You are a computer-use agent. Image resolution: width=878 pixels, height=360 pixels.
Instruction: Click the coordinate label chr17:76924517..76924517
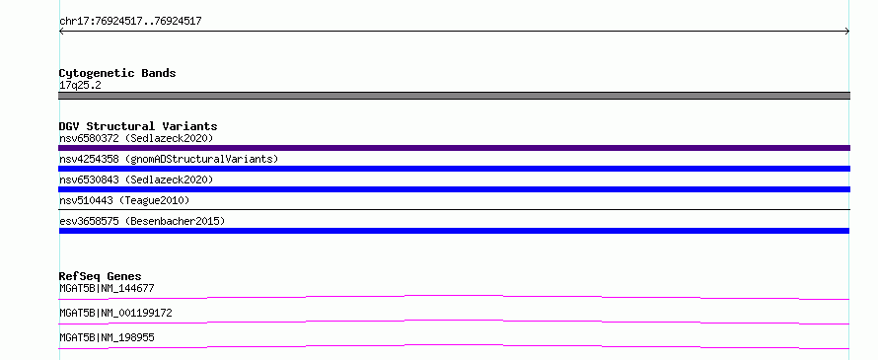130,22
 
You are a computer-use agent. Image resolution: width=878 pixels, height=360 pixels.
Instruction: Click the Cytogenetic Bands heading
117,73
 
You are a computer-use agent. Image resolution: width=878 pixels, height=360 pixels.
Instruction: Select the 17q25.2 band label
80,86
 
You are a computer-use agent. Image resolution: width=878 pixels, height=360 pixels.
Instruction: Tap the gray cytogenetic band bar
454,96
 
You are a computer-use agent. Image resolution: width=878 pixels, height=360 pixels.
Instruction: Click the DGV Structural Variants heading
138,126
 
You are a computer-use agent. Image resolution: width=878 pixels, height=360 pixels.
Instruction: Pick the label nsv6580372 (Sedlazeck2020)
136,138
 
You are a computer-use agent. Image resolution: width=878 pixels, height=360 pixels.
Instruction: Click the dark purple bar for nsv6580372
454,148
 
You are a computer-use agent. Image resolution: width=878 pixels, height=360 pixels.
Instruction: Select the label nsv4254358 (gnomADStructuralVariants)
169,159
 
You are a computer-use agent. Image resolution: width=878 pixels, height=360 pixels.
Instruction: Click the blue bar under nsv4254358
454,169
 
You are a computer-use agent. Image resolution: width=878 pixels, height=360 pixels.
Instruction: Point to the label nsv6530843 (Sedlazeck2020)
136,180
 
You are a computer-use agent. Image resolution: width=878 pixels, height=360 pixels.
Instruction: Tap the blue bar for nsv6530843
454,189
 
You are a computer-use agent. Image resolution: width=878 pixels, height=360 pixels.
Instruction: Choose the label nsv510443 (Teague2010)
124,200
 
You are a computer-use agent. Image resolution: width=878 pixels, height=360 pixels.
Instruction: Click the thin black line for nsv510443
454,209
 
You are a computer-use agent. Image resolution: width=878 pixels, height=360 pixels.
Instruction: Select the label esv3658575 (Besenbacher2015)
142,221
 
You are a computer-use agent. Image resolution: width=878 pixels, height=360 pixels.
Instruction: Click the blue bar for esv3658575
454,231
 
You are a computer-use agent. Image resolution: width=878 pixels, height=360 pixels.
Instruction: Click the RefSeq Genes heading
100,276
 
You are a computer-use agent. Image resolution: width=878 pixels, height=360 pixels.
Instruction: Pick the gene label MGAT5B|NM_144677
107,289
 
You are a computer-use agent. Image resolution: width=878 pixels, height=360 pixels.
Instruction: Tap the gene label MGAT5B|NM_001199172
115,314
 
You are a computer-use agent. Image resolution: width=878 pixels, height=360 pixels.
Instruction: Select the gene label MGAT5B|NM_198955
107,338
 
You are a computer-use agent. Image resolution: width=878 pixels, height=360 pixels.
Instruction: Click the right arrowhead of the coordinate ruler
847,32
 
